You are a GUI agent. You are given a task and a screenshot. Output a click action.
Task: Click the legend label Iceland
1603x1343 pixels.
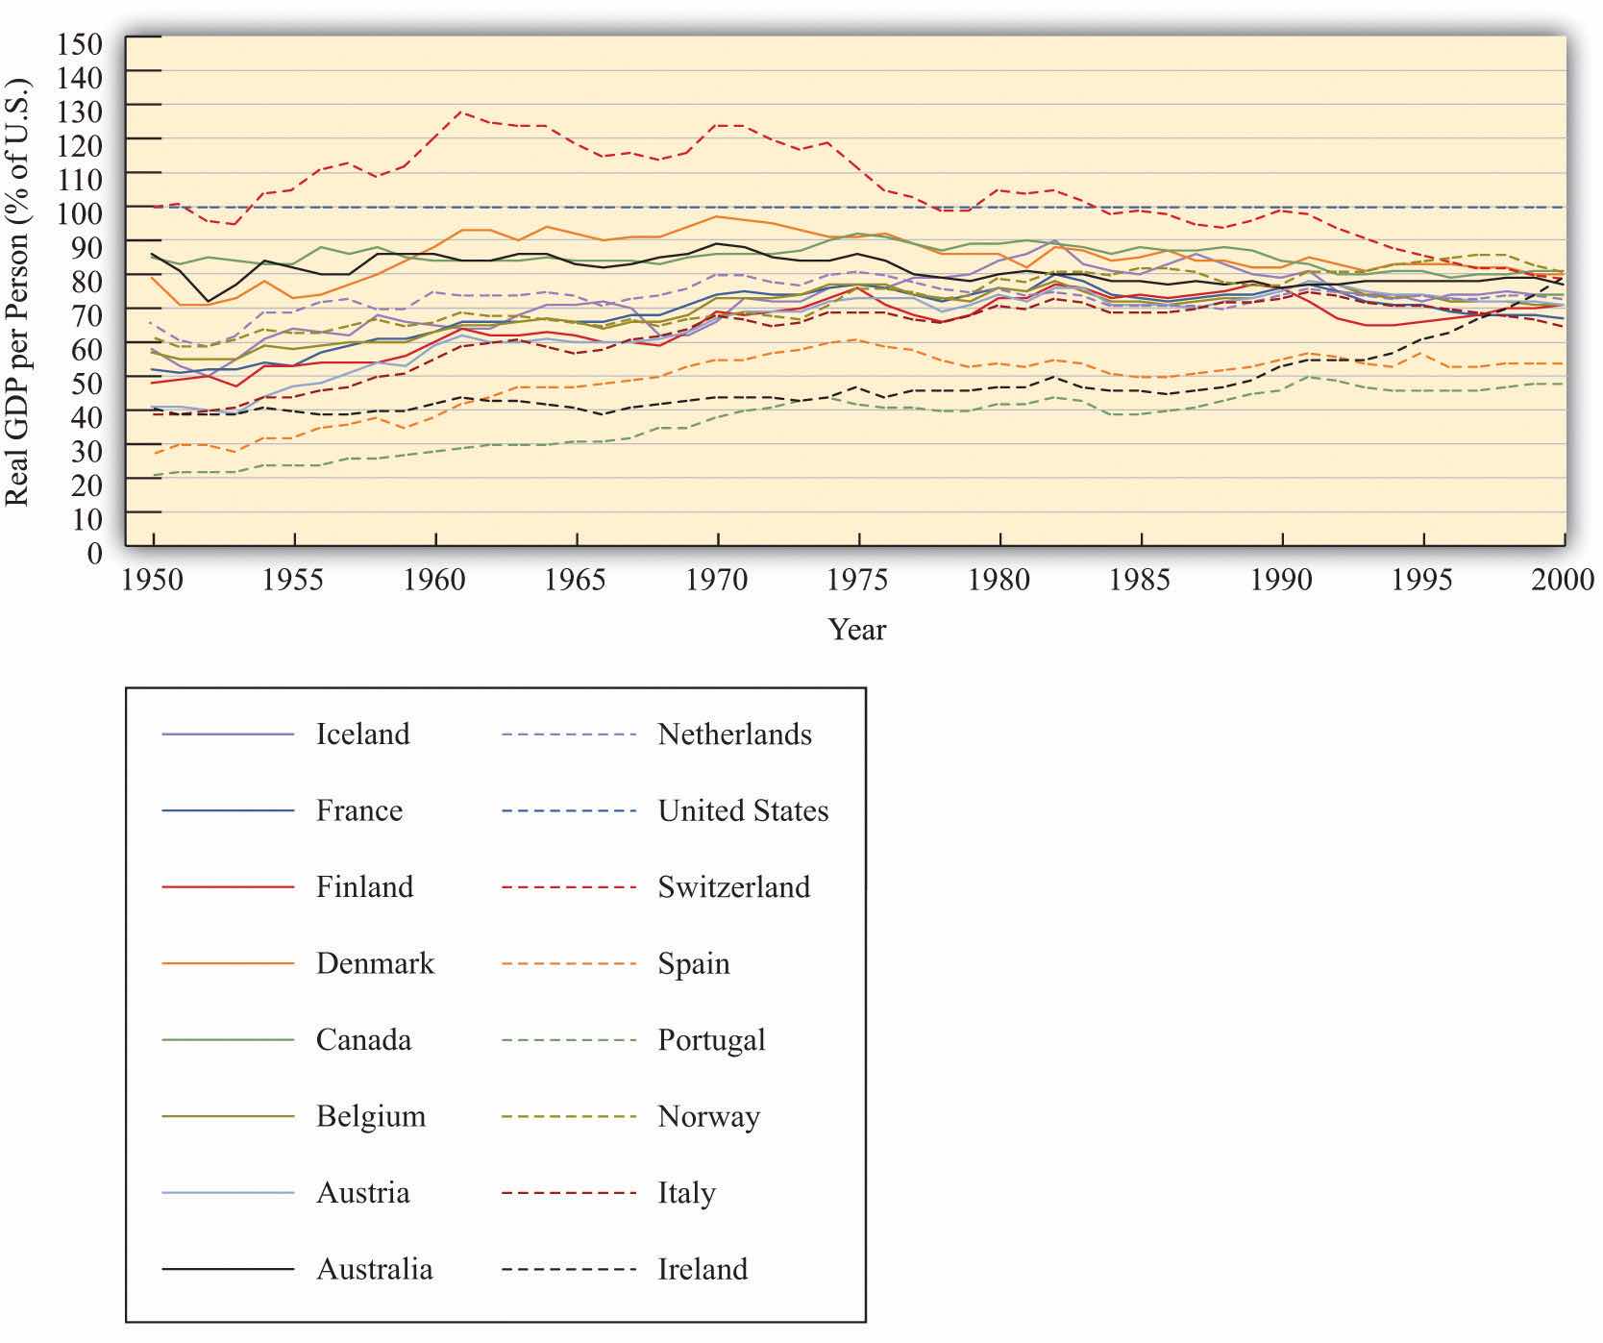[362, 734]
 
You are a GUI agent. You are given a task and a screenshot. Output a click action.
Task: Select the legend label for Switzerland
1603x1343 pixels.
[733, 887]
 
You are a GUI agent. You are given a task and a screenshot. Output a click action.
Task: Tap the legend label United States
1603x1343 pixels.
[743, 810]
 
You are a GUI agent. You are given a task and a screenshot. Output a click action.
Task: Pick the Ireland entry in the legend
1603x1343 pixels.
[703, 1269]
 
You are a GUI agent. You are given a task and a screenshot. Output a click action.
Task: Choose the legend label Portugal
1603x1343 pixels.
[711, 1040]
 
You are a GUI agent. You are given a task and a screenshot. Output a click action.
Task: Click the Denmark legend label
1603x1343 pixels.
[375, 963]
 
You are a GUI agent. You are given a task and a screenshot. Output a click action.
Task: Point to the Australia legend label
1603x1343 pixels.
[374, 1269]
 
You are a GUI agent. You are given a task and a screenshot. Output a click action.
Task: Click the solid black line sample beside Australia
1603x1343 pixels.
[228, 1270]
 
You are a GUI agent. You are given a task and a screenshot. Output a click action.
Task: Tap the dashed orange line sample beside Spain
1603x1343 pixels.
[568, 964]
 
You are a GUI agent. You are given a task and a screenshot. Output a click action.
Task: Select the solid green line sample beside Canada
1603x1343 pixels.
[228, 1040]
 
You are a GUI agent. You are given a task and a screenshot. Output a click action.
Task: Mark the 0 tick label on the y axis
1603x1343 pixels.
[93, 553]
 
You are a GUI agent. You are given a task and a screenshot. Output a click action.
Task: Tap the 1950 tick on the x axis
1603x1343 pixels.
[154, 580]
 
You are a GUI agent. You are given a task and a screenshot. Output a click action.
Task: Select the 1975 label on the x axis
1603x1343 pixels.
[858, 580]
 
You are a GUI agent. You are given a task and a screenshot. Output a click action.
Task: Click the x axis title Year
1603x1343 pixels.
[857, 630]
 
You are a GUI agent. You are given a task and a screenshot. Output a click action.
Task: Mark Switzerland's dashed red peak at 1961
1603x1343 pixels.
[462, 112]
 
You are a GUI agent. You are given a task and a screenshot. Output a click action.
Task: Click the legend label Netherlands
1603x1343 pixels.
[734, 734]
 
